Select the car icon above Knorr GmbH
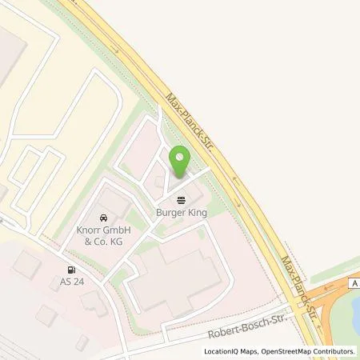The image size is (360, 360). [x=104, y=217]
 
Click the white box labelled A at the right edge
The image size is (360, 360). [x=354, y=282]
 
